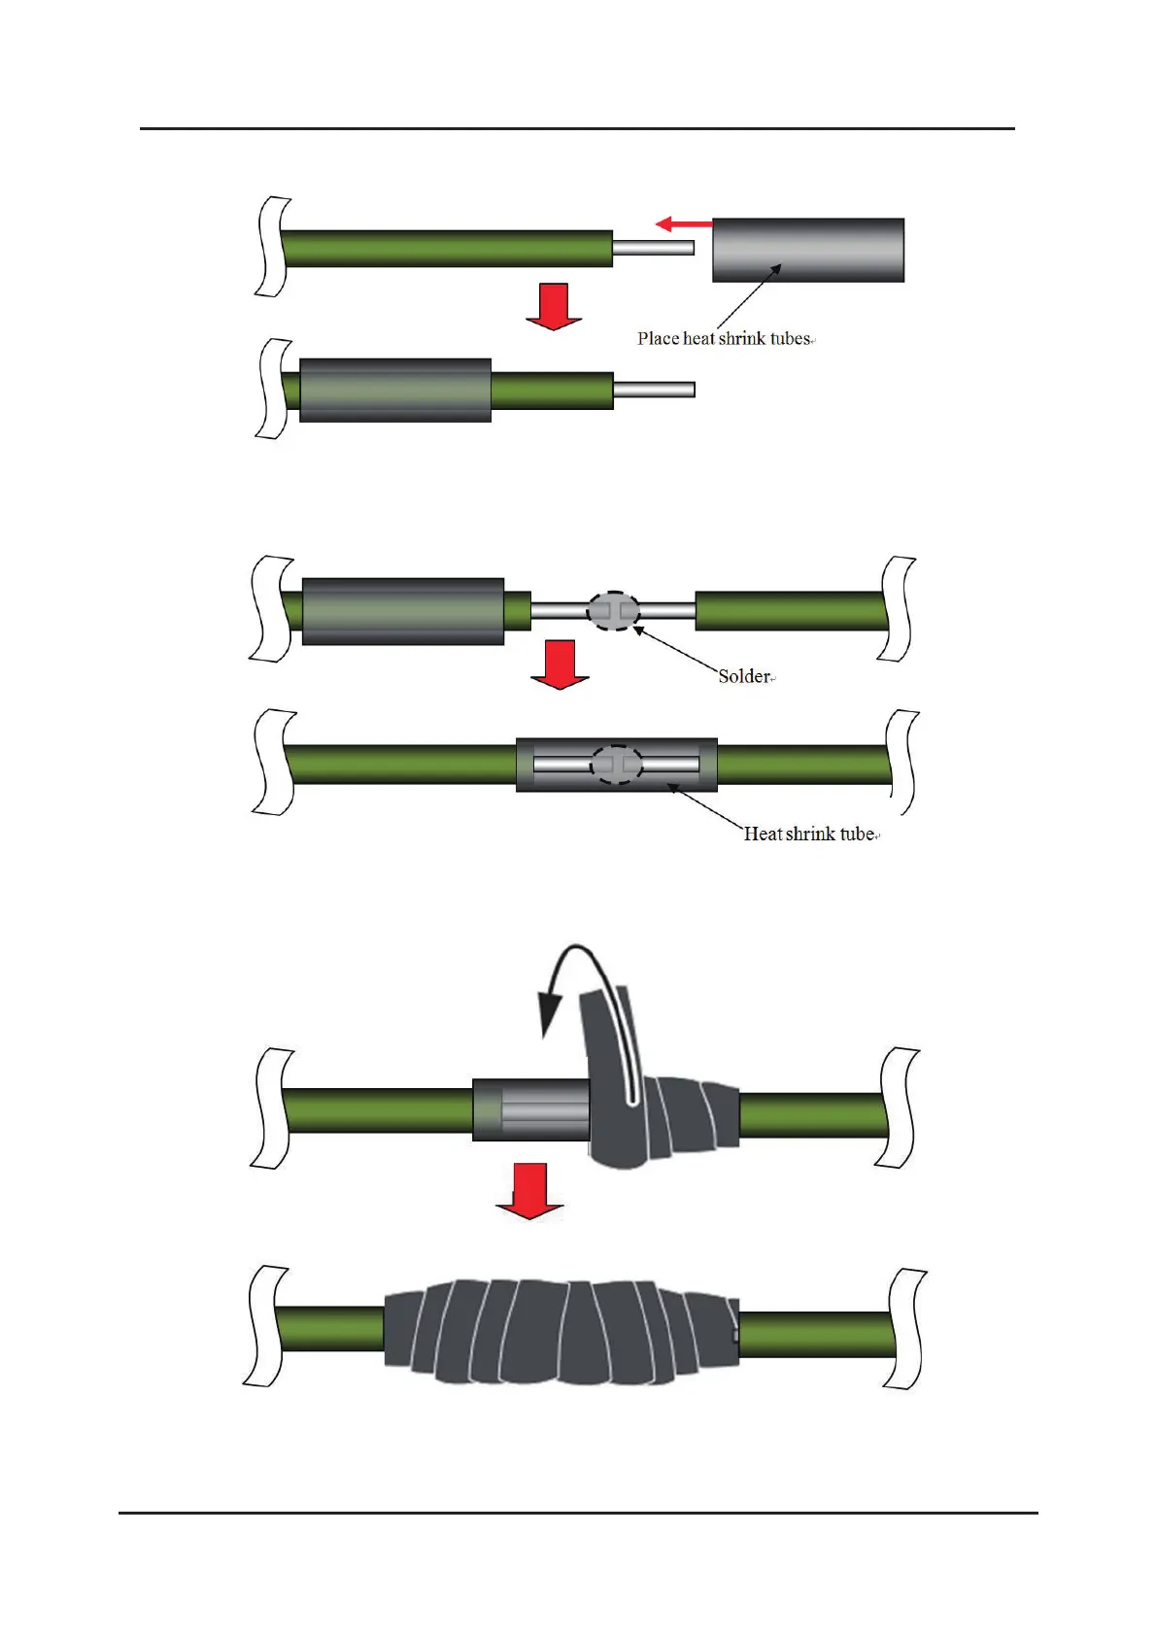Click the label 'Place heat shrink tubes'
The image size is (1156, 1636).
(x=724, y=338)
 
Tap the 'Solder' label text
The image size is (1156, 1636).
(x=744, y=676)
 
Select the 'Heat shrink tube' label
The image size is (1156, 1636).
(x=809, y=834)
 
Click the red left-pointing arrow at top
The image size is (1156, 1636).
(x=683, y=224)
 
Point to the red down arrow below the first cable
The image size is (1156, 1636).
(x=554, y=306)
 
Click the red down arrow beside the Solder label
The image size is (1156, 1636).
(x=560, y=665)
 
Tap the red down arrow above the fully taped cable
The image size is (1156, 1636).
(x=529, y=1191)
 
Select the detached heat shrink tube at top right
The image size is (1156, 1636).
(x=808, y=250)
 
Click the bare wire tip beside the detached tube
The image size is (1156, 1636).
(x=653, y=249)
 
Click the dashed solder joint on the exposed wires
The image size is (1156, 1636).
(x=614, y=611)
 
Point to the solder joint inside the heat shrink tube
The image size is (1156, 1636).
(x=618, y=765)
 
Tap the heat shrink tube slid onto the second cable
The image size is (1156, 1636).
(x=395, y=391)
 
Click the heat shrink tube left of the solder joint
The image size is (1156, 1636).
(x=403, y=611)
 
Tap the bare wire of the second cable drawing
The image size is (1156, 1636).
(x=654, y=391)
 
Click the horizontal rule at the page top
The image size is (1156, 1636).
(x=577, y=128)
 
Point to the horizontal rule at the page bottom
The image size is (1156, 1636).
(x=577, y=1513)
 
